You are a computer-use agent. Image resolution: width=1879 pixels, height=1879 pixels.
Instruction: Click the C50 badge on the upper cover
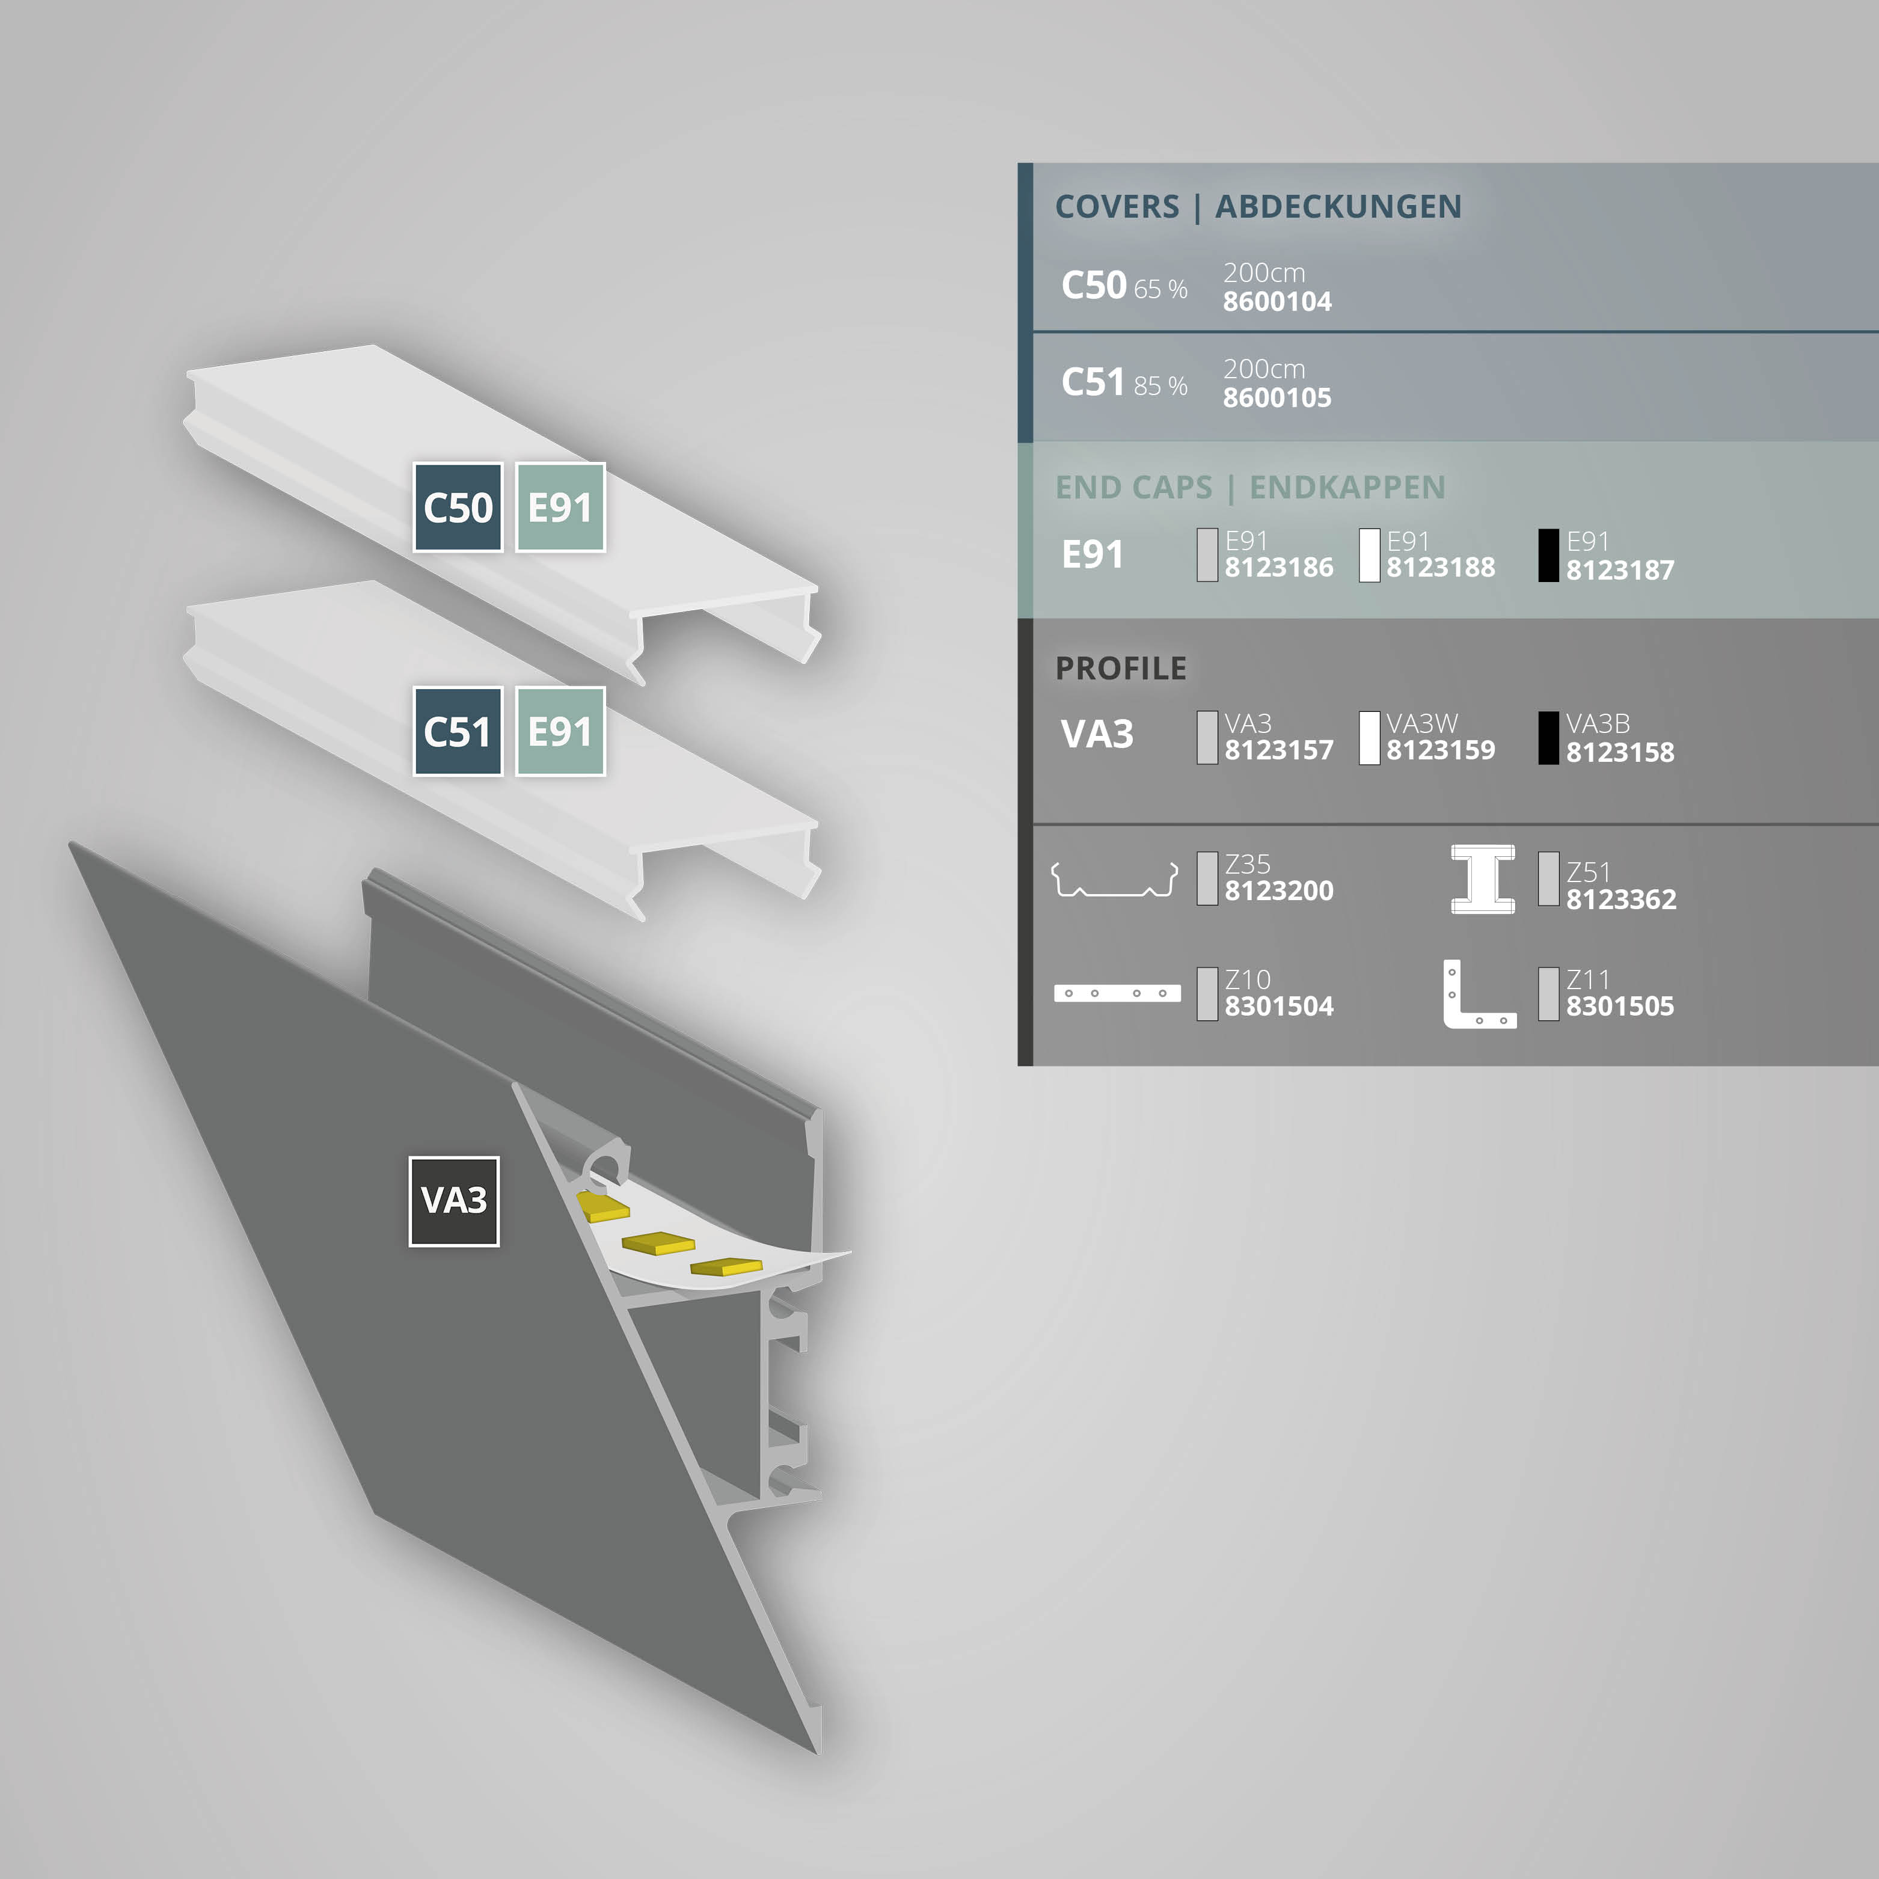(457, 507)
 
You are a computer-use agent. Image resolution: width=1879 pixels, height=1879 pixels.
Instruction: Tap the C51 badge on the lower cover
(457, 731)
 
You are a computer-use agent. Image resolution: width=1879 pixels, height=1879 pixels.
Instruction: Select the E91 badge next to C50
(559, 507)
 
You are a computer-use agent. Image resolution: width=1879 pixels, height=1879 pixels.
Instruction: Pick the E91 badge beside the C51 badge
(559, 731)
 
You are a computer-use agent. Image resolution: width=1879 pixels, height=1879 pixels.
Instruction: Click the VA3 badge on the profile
(453, 1200)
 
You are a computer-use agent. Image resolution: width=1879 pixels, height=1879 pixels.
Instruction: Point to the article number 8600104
(1277, 301)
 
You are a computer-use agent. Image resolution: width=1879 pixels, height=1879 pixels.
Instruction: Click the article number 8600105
(1277, 398)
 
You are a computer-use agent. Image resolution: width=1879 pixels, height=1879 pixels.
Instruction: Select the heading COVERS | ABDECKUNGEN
(1257, 206)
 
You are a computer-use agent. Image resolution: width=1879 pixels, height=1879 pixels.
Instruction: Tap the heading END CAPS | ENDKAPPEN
(1249, 486)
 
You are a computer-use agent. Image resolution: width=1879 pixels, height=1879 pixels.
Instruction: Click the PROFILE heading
(1120, 668)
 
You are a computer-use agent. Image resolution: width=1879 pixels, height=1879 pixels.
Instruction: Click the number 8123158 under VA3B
(1619, 752)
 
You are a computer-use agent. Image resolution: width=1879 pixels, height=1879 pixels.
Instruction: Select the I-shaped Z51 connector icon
(1482, 879)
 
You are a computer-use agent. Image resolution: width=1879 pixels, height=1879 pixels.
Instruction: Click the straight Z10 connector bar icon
(1117, 993)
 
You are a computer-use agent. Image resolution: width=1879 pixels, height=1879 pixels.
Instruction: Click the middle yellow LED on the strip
(658, 1243)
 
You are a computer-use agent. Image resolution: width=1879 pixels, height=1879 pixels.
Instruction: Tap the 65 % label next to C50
(1160, 289)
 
